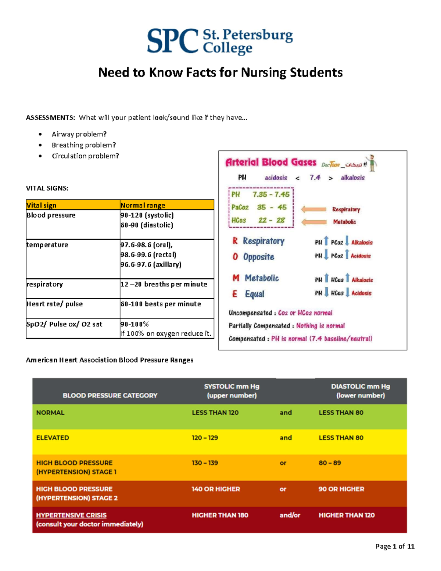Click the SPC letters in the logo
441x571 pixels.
173,41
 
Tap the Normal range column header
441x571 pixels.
143,205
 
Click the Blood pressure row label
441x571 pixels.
51,215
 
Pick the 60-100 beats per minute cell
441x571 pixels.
161,304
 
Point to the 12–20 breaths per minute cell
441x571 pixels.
164,284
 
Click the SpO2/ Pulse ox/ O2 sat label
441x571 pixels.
64,324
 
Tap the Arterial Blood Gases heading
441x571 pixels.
270,162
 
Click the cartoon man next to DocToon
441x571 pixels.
372,163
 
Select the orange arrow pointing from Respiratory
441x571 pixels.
313,209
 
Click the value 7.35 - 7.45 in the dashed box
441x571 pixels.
271,194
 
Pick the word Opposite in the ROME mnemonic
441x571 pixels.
259,257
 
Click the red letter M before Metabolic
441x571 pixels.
236,278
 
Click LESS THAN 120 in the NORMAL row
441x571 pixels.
215,413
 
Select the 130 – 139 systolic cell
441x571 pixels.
205,463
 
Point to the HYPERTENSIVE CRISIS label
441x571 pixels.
71,515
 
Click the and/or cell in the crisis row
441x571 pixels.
290,515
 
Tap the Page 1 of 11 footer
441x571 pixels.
395,546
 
